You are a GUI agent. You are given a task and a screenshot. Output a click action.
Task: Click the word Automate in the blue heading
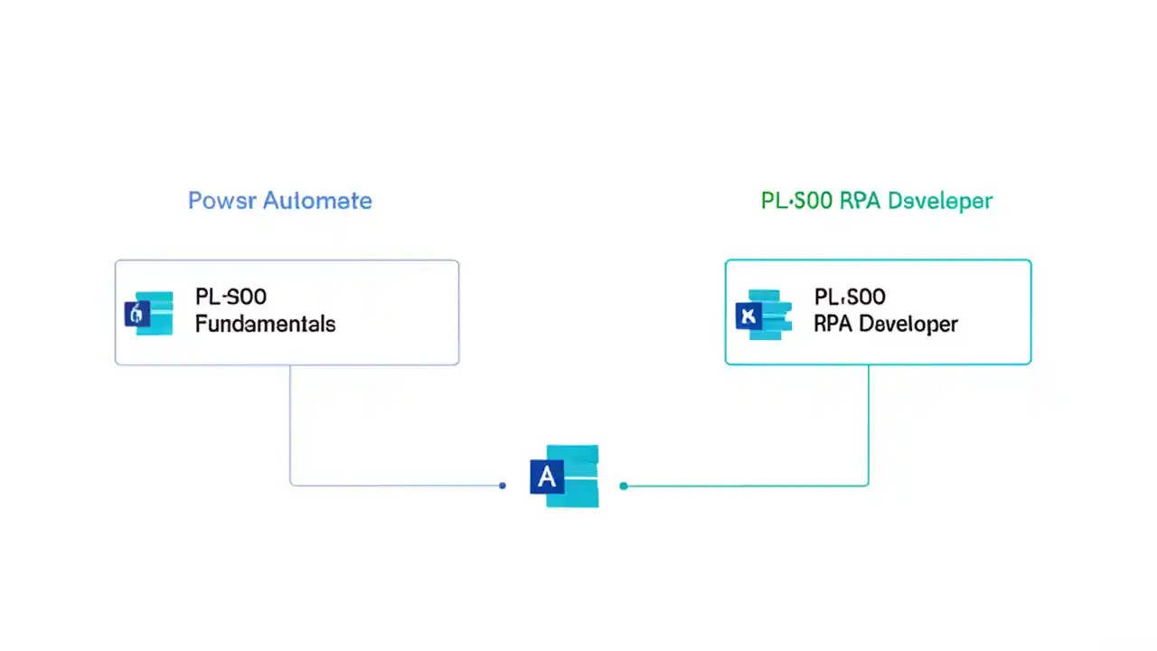coord(317,201)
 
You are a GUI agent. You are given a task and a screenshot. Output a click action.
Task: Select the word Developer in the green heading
coord(940,201)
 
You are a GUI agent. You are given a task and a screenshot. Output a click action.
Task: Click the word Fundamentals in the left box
coord(265,324)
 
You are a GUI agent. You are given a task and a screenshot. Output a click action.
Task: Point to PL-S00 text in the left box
coord(230,297)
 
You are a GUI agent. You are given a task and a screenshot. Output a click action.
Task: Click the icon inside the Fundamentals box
coord(148,314)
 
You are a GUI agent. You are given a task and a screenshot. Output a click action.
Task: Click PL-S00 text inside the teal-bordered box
coord(849,297)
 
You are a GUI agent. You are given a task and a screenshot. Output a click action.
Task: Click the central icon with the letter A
coord(564,476)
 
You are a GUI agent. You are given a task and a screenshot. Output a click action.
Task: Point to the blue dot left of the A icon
coord(503,486)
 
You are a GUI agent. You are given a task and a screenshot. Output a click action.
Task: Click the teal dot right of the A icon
coord(624,486)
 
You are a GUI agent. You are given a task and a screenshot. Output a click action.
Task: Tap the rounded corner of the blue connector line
coord(293,483)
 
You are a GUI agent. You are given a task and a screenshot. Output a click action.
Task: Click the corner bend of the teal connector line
coord(867,484)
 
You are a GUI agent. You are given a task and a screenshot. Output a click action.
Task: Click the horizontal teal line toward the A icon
coord(741,486)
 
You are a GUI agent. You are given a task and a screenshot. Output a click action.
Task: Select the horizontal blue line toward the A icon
coord(398,486)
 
